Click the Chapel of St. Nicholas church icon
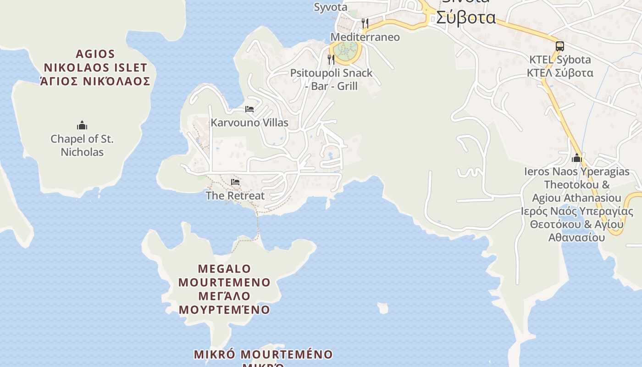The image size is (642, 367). (x=82, y=125)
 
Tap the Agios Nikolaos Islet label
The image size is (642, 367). (x=95, y=68)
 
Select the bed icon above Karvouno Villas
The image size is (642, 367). (x=249, y=109)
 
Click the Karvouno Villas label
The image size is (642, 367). (x=249, y=122)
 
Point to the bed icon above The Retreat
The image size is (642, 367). (x=235, y=182)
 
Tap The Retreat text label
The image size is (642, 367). (x=235, y=195)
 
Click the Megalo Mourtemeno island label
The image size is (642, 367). (x=225, y=289)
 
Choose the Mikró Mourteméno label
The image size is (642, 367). (x=263, y=355)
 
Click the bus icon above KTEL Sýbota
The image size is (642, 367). (x=559, y=46)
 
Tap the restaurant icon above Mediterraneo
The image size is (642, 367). (x=365, y=23)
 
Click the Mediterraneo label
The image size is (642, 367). (x=365, y=37)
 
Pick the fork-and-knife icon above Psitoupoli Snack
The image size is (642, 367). (x=331, y=59)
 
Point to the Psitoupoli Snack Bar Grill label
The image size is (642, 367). (x=331, y=79)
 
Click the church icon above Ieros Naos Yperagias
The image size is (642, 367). (x=577, y=158)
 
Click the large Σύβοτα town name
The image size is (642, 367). (x=465, y=17)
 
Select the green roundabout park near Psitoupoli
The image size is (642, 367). (x=345, y=50)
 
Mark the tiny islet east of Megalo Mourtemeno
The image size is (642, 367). (x=382, y=308)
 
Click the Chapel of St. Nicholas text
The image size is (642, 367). (x=82, y=145)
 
